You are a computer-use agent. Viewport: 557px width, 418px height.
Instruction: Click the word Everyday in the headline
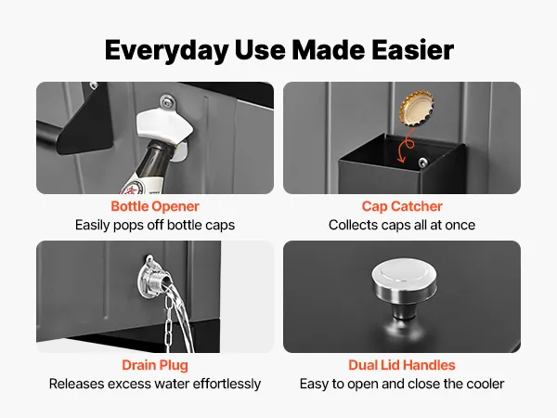[x=166, y=50]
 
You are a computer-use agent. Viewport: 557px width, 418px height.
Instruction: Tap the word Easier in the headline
[x=413, y=50]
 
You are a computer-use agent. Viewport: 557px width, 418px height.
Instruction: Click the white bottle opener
[x=165, y=127]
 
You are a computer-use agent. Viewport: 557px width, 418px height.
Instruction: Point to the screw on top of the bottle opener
[x=167, y=102]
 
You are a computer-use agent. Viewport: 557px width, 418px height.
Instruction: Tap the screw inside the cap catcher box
[x=422, y=162]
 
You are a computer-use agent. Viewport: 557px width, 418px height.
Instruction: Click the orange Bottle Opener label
[x=155, y=206]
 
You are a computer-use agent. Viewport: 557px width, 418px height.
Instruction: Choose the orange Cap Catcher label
[x=402, y=206]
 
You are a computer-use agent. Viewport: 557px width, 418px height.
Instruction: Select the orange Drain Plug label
[x=155, y=365]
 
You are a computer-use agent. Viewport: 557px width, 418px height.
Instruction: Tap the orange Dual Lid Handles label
[x=402, y=365]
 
